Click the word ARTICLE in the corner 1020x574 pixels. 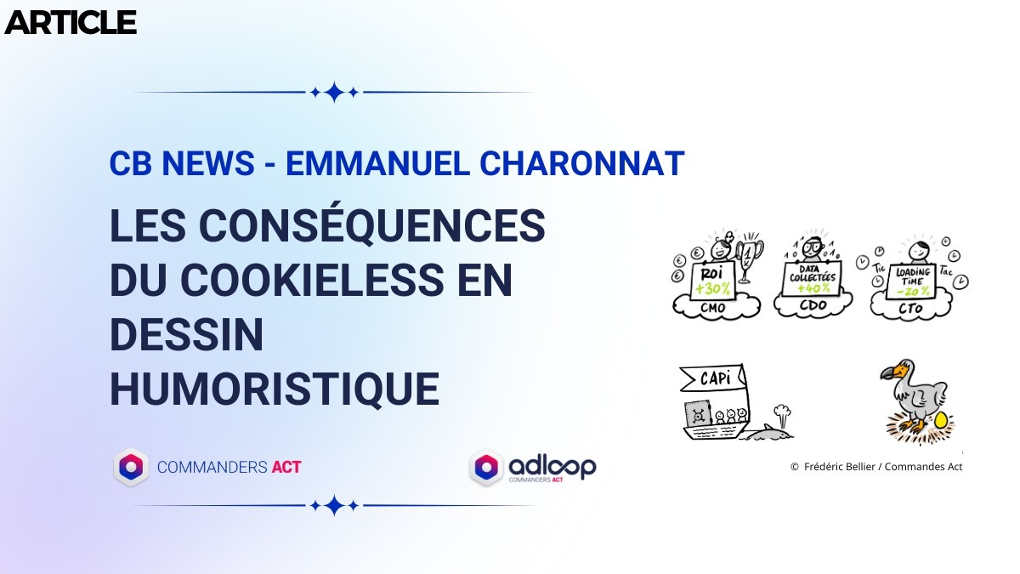click(71, 23)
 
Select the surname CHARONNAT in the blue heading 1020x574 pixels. click(582, 163)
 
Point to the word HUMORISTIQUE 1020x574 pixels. click(275, 389)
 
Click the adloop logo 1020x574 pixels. click(533, 468)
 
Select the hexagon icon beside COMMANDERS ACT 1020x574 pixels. click(131, 467)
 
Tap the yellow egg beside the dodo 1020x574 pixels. click(940, 420)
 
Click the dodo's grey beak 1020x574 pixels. click(889, 372)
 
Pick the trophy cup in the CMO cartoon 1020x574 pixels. click(749, 256)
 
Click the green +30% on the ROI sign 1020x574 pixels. click(713, 288)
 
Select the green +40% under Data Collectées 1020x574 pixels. click(813, 288)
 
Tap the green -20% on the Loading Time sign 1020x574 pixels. click(914, 290)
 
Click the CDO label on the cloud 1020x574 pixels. click(813, 304)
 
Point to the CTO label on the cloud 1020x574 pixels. click(910, 309)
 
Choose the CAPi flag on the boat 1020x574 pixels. click(712, 378)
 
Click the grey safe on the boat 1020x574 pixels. click(698, 414)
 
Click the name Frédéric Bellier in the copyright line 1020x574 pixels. click(839, 467)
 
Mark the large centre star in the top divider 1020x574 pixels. click(334, 92)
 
